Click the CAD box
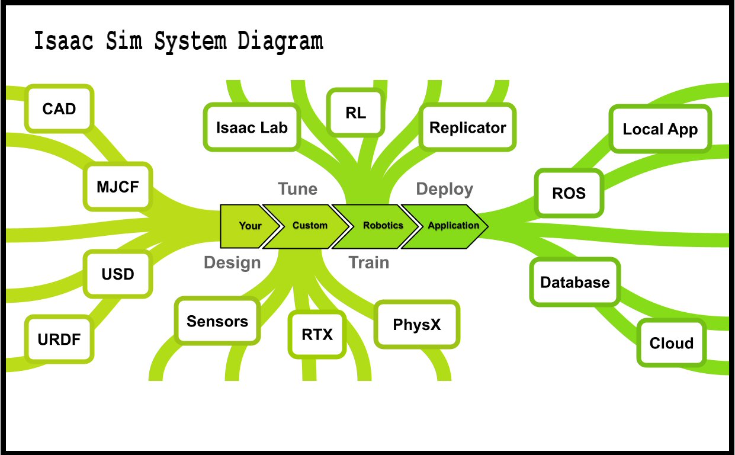click(x=59, y=108)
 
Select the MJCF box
click(x=118, y=187)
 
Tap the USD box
click(x=118, y=274)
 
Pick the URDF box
click(x=59, y=339)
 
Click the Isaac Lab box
click(x=252, y=127)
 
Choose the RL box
click(x=356, y=113)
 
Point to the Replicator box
click(x=467, y=127)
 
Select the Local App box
click(x=660, y=129)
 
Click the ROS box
click(x=569, y=193)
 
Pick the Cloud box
click(x=672, y=342)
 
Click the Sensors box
click(x=217, y=321)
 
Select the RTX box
click(x=317, y=335)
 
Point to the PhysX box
click(x=417, y=324)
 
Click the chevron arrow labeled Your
click(x=250, y=226)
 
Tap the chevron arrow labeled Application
click(x=445, y=226)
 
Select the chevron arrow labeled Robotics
click(x=376, y=226)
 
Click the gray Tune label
click(x=297, y=189)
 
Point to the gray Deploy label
click(x=445, y=190)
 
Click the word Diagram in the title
click(x=281, y=41)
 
